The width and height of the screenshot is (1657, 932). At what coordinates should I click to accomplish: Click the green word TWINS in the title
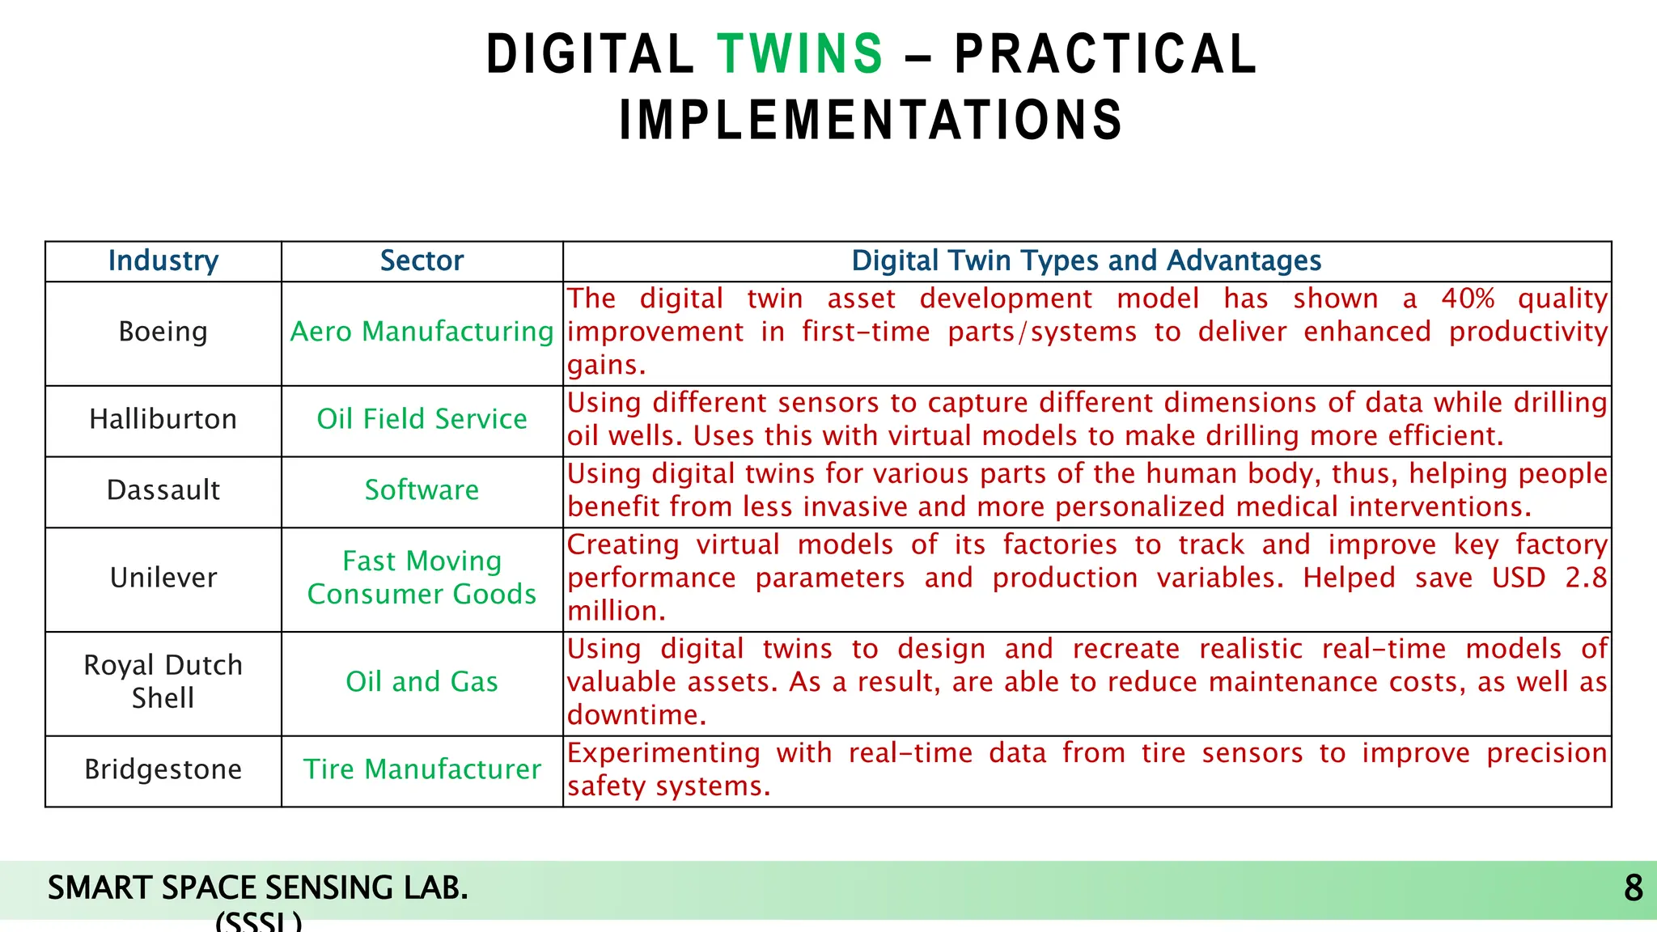[x=800, y=53]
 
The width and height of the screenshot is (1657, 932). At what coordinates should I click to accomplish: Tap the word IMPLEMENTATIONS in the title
[x=871, y=120]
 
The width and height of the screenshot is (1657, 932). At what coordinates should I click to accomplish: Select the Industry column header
[x=163, y=261]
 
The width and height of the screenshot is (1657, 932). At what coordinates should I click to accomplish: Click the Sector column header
[x=422, y=261]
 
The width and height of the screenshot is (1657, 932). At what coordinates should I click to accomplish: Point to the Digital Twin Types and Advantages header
[x=1086, y=261]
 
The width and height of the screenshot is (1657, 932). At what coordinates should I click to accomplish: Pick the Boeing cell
[x=163, y=332]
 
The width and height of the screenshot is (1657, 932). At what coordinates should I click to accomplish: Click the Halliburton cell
[x=163, y=419]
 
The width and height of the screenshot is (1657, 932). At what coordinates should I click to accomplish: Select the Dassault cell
[x=163, y=490]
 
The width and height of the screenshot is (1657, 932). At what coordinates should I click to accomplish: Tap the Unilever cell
[x=163, y=578]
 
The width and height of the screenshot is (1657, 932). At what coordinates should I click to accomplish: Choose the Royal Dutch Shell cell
[x=163, y=681]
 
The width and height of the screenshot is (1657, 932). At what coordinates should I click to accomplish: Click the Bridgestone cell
[x=163, y=769]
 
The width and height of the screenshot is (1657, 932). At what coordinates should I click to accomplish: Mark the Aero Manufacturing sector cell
[x=422, y=332]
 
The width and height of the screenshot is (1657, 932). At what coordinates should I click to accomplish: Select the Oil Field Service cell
[x=422, y=419]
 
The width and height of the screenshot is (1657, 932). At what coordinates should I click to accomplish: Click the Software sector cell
[x=422, y=490]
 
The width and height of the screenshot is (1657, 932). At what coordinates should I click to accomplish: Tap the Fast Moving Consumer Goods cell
[x=422, y=578]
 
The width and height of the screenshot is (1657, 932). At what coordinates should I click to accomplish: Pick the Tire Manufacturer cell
[x=422, y=769]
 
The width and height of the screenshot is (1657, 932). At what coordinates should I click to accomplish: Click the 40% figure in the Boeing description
[x=1467, y=299]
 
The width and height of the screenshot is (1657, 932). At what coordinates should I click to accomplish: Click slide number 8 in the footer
[x=1633, y=888]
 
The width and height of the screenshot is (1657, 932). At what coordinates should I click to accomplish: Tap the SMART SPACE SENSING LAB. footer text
[x=257, y=888]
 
